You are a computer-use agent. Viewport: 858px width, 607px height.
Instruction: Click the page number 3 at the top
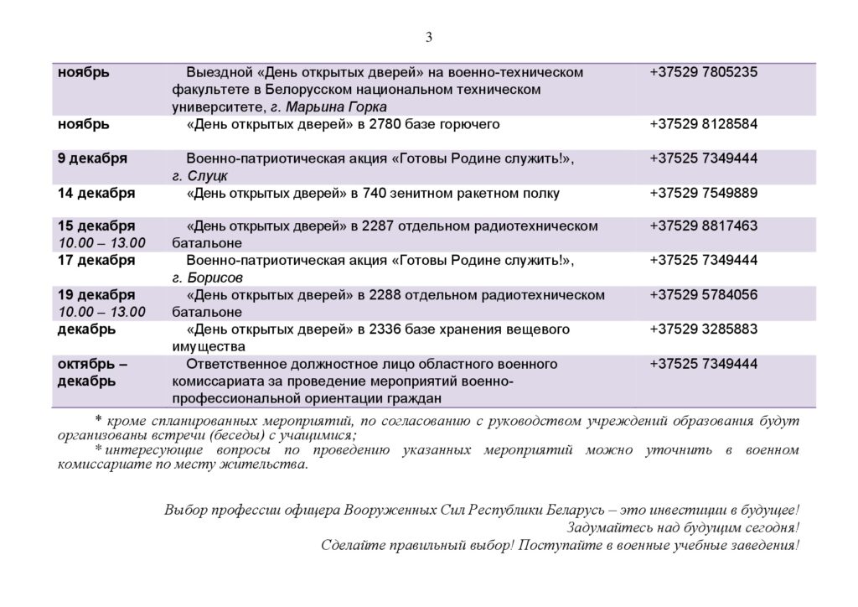429,36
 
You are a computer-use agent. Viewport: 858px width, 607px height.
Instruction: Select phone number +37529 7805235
703,73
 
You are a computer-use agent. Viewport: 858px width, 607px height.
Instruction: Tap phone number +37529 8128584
703,124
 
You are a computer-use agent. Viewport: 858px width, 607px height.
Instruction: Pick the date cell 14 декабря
96,193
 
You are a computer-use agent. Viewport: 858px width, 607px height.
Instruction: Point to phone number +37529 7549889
703,193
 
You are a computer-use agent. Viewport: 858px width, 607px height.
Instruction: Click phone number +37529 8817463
703,226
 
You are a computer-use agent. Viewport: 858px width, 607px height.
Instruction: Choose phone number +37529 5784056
703,294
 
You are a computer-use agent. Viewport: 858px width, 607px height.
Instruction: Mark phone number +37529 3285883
703,328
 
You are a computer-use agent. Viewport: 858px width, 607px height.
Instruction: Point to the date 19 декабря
96,294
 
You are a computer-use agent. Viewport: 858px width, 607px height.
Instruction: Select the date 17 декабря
96,260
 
